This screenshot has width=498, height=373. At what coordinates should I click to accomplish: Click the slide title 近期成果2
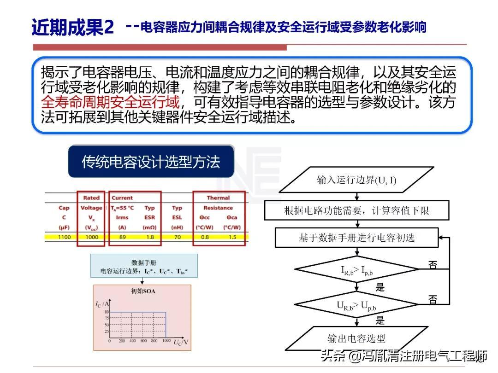tap(72, 27)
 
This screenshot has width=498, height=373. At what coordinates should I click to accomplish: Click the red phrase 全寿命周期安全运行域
tap(110, 101)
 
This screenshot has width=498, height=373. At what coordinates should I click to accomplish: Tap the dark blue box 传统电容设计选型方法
tap(151, 162)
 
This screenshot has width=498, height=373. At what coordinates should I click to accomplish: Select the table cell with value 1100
tap(65, 237)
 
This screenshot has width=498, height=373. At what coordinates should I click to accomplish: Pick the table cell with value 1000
tap(91, 237)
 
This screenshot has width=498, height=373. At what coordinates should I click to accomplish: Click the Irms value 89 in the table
tap(122, 237)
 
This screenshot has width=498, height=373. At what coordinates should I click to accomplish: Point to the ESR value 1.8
tap(149, 237)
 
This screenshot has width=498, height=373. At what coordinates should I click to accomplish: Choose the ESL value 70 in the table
tap(177, 237)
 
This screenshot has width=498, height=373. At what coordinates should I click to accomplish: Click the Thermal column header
tap(218, 198)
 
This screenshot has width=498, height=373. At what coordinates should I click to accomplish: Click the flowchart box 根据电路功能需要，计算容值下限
tap(356, 211)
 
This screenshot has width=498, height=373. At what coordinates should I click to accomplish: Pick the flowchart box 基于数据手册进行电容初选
tap(356, 238)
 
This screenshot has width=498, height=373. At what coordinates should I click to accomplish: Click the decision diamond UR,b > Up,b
tap(356, 304)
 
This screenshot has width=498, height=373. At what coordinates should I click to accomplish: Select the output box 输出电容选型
tap(356, 338)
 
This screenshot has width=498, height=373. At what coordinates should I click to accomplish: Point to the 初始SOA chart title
tap(143, 291)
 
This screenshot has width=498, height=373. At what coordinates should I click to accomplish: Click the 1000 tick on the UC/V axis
tap(166, 341)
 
